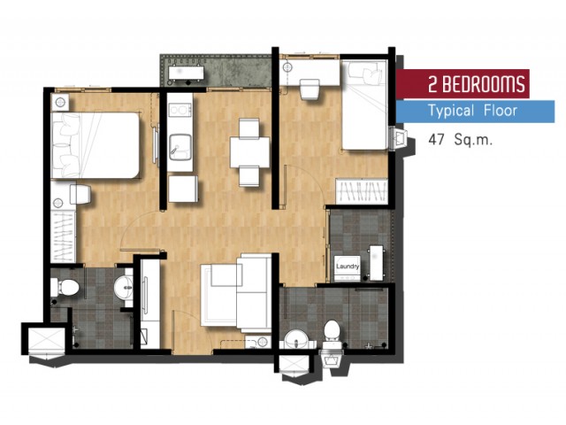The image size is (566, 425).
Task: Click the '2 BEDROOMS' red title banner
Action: tap(463, 84)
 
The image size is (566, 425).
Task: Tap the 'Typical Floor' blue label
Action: tap(475, 112)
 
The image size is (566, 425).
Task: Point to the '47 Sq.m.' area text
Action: tap(460, 139)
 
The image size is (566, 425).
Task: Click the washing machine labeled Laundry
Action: tap(348, 268)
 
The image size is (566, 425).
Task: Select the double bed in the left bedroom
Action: tap(96, 145)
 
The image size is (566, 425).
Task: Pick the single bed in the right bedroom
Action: tap(363, 104)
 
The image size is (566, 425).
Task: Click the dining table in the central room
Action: tap(249, 151)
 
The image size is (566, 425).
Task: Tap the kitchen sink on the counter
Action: tap(180, 147)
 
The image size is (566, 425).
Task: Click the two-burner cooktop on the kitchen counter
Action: tap(180, 110)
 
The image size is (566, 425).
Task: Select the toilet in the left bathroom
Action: tap(65, 287)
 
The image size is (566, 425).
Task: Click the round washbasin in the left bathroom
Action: tap(124, 287)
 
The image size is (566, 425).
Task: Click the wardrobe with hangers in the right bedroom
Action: tap(362, 191)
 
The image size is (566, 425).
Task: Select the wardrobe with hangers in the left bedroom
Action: tap(63, 236)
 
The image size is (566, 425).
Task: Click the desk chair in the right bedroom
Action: tap(310, 89)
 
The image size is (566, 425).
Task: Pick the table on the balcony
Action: tap(186, 73)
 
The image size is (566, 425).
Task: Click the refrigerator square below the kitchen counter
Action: tap(183, 189)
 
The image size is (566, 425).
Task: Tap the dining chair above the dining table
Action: tap(249, 127)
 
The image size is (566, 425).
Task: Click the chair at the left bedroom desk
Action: tap(80, 195)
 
